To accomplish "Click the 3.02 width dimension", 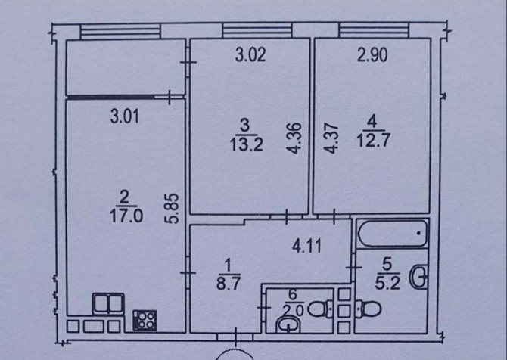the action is tap(250, 54).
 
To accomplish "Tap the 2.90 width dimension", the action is tap(372, 54).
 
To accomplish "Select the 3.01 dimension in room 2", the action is tap(125, 116).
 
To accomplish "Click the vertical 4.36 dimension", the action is tap(294, 138).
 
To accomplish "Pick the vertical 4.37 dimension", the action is tap(331, 138).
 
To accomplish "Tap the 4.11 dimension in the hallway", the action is tap(307, 247).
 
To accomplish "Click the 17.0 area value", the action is tap(126, 216).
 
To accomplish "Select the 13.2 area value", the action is tap(247, 144).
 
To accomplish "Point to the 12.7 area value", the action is tap(374, 141).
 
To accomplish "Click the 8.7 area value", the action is tap(229, 284).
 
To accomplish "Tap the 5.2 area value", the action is tap(387, 283).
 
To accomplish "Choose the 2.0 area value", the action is tap(293, 311).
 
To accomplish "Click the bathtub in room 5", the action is tap(392, 233).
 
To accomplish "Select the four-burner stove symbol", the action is tap(145, 320).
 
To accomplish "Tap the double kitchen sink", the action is tap(108, 303).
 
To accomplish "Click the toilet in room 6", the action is tap(320, 309).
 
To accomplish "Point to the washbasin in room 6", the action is tap(288, 324).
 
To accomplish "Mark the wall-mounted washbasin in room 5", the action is tap(418, 277).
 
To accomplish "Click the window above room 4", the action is tap(374, 31).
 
